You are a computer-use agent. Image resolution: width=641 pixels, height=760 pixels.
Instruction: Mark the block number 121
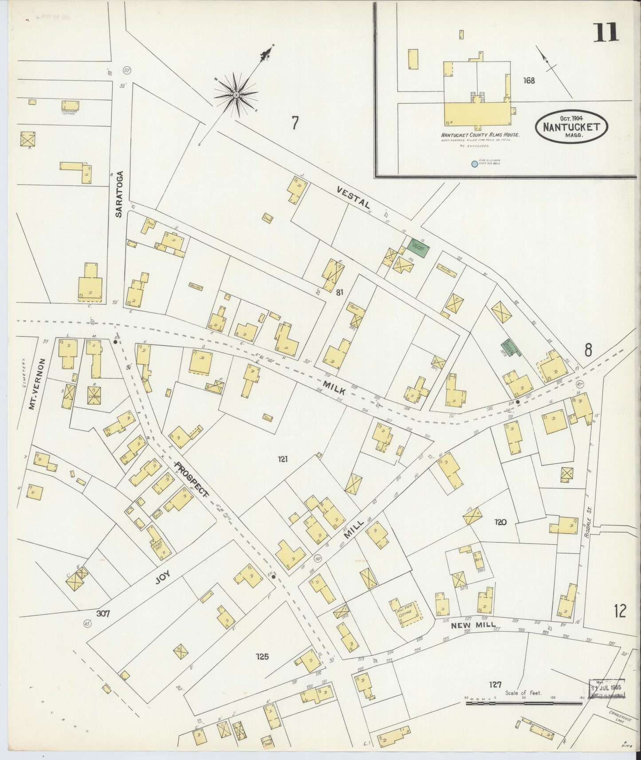click(x=283, y=459)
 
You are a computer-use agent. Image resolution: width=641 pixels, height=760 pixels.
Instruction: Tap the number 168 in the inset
click(x=528, y=81)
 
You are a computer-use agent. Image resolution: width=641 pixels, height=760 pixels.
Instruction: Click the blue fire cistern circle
click(x=474, y=164)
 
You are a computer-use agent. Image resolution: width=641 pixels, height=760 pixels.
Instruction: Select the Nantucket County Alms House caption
click(x=480, y=135)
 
